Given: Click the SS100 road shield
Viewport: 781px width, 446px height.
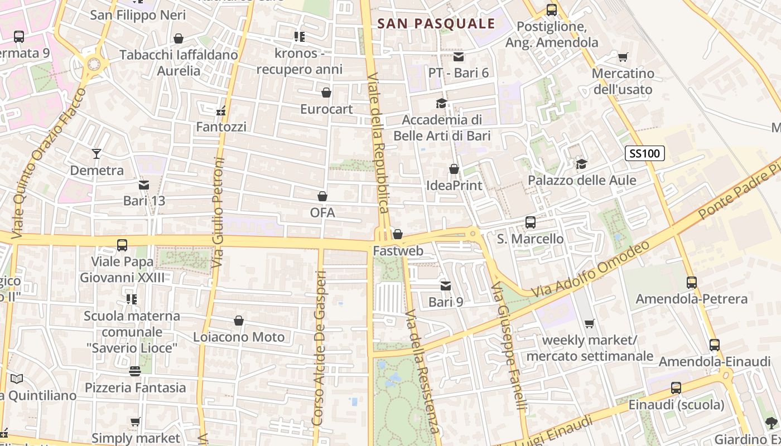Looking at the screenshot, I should pos(645,153).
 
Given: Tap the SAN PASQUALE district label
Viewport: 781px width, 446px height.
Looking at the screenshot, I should pos(436,23).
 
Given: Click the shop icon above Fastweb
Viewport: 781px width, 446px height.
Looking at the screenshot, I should pos(398,234).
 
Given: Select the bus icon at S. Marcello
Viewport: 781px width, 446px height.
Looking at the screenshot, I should pos(530,222).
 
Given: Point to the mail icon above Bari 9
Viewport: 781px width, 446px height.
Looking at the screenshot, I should pos(445,286).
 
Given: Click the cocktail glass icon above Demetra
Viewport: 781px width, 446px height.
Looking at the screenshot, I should pos(97,153).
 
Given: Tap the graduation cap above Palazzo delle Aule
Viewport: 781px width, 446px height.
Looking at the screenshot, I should pos(581,164).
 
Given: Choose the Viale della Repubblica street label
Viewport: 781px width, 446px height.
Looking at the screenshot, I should pos(378,143).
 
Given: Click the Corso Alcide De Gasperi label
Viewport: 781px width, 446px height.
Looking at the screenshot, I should pos(319,348).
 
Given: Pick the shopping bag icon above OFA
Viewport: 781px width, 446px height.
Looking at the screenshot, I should pos(322,196).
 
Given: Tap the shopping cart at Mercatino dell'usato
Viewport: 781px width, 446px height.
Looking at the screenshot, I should pos(623,57).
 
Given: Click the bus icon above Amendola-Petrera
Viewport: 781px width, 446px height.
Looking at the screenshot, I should pos(692,283).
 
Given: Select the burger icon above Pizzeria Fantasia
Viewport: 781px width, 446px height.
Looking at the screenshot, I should pos(134,371).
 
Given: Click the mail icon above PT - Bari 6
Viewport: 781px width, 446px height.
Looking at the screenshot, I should pos(459,56).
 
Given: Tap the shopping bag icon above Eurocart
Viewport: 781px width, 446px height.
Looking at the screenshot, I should pos(326,93).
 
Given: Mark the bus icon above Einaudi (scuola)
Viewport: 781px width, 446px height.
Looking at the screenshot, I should pos(676,388).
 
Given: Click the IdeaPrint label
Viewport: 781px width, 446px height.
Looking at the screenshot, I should pos(454,185).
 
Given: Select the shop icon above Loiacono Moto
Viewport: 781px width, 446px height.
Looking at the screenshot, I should pos(239,321).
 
